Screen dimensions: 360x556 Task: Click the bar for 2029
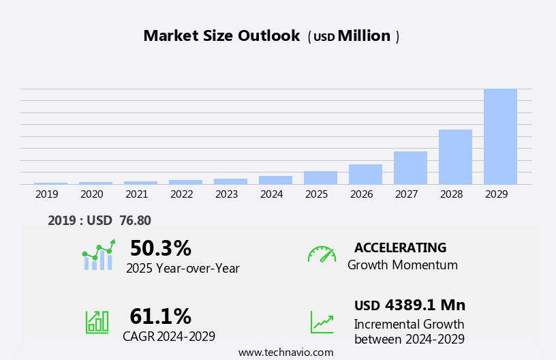tap(500, 136)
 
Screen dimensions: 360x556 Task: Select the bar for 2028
tap(455, 157)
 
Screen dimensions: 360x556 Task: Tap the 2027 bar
tap(410, 168)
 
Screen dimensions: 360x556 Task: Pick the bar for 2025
tap(320, 177)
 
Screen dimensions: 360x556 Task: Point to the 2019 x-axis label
tap(47, 194)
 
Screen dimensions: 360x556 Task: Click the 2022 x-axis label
tap(182, 194)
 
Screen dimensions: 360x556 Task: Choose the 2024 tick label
tap(272, 194)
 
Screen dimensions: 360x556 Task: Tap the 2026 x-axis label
tap(362, 194)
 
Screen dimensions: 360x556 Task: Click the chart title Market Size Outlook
tap(221, 36)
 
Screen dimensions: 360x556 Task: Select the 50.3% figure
tap(160, 248)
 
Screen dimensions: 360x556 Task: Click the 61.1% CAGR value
tap(160, 316)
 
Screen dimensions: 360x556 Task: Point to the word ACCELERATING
tap(400, 248)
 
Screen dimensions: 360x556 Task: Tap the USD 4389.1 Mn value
tap(410, 305)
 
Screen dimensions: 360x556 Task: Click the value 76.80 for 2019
tap(136, 221)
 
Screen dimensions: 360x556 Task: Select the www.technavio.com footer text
tap(285, 352)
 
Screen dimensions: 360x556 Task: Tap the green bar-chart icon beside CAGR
tap(97, 322)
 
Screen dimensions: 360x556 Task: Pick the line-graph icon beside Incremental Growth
tap(322, 322)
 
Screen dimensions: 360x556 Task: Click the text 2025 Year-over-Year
tap(183, 269)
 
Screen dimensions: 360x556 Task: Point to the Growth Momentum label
tap(402, 265)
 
